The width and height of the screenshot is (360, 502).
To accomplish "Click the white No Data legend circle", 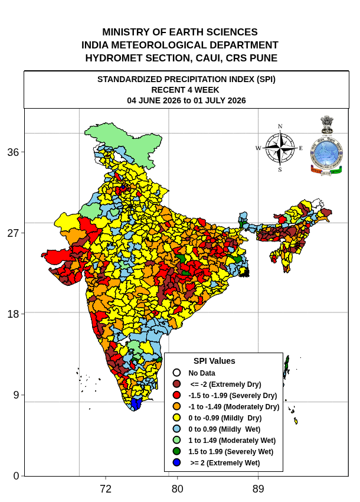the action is click(x=176, y=373).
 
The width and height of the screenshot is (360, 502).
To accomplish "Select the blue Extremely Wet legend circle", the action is click(x=176, y=462).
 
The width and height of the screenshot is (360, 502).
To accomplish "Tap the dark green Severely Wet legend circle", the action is click(x=176, y=451).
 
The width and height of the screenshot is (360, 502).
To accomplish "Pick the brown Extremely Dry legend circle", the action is click(x=176, y=384).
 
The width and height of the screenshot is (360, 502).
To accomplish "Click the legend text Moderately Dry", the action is click(x=251, y=406).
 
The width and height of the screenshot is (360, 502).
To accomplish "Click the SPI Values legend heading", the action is click(x=214, y=361).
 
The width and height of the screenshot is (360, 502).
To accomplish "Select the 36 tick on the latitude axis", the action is click(x=13, y=152).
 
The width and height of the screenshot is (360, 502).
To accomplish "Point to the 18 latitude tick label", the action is click(x=13, y=314).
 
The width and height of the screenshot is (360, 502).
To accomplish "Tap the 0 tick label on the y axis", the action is click(x=16, y=476).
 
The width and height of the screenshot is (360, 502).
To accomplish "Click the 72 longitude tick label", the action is click(x=106, y=489).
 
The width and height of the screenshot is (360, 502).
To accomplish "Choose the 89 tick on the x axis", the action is click(x=258, y=489).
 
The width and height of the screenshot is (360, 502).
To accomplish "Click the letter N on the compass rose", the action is click(x=280, y=126).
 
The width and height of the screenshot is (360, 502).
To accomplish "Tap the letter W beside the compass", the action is click(x=258, y=148).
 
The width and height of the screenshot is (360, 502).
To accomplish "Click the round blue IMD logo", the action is click(x=326, y=153).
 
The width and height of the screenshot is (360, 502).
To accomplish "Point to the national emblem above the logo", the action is click(x=327, y=125).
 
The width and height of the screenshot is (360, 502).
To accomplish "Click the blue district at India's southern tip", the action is click(x=136, y=404).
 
